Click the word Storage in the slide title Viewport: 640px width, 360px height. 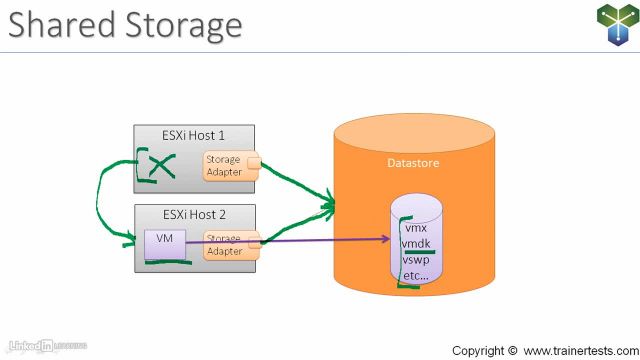[x=178, y=24]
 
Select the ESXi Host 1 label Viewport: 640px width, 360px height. [x=194, y=136]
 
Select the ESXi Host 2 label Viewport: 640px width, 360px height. [x=194, y=214]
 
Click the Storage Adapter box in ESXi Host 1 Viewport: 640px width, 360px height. [x=226, y=165]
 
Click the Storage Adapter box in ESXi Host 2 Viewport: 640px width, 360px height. [x=226, y=245]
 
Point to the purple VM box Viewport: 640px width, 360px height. [x=161, y=244]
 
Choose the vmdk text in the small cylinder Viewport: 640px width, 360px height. [x=417, y=243]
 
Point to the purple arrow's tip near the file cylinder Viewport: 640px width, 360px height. [x=386, y=239]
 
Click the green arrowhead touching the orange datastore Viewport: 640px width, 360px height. [x=329, y=207]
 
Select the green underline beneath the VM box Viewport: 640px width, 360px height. [x=168, y=264]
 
